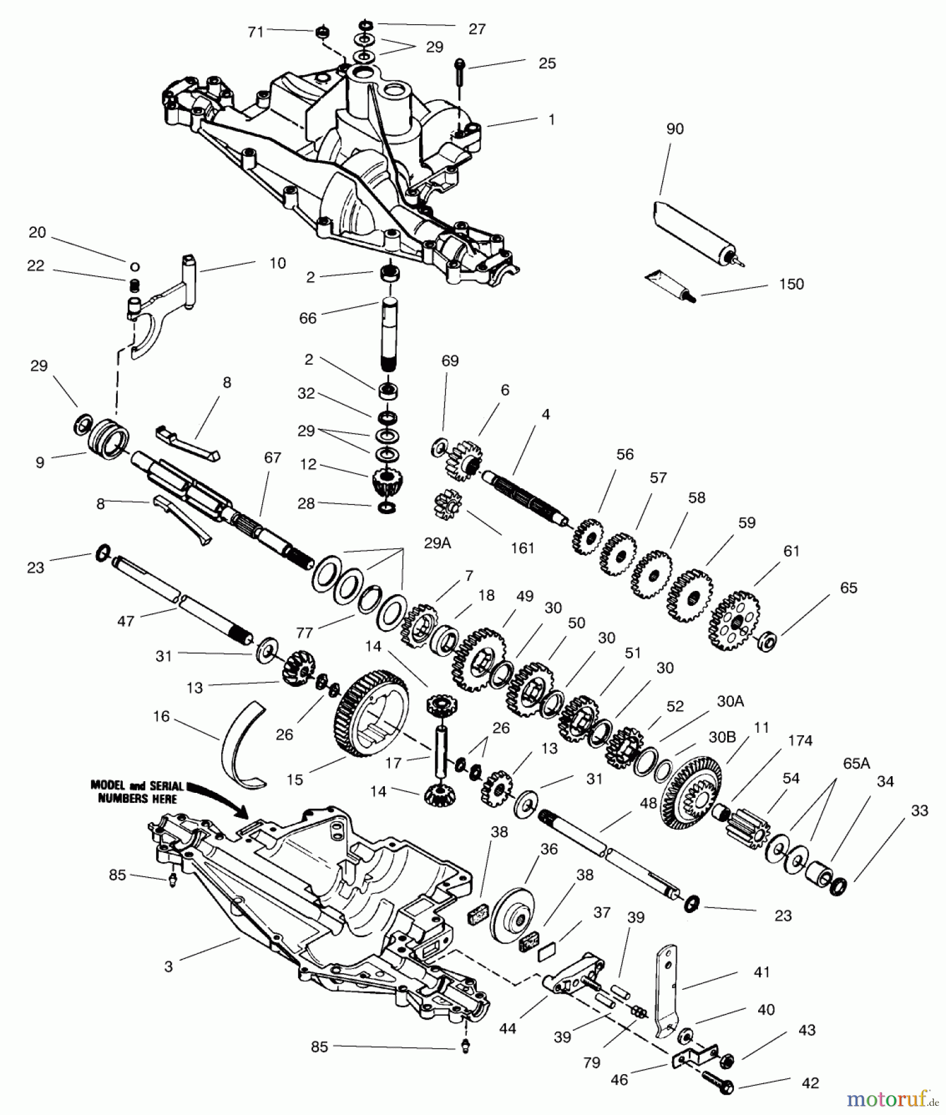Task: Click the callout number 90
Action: [674, 129]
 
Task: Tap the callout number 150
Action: [790, 284]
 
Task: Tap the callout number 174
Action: [800, 740]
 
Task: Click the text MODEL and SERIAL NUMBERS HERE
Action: [138, 792]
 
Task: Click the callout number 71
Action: [256, 32]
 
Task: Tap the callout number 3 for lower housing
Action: [169, 966]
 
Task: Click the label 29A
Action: [437, 543]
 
